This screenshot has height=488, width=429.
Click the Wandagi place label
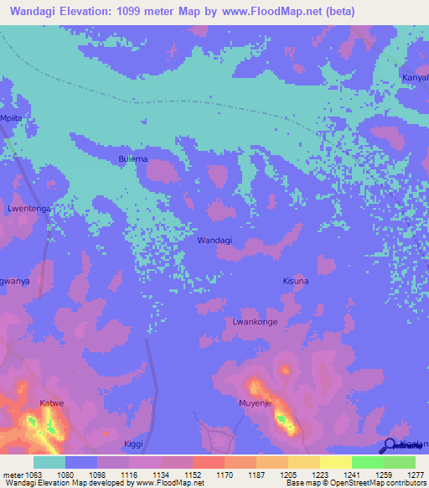(x=214, y=240)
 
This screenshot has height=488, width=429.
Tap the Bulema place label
(x=132, y=158)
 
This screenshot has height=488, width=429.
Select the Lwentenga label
(x=28, y=208)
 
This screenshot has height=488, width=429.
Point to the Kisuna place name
(x=296, y=281)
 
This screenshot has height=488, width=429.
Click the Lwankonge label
(x=254, y=321)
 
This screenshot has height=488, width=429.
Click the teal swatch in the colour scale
(x=49, y=461)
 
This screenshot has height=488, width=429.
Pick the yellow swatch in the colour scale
(x=335, y=461)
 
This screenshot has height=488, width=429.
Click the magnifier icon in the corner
(x=390, y=445)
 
